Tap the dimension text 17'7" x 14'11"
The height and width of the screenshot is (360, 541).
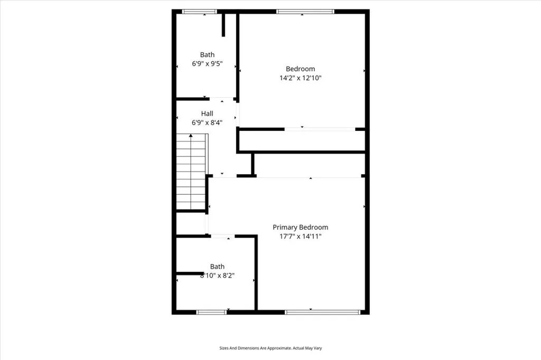[300, 236]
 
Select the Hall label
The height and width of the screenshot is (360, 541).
[207, 113]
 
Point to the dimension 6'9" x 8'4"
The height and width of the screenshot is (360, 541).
[207, 122]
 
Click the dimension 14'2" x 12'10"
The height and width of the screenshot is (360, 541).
[300, 78]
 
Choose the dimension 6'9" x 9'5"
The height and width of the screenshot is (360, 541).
[207, 63]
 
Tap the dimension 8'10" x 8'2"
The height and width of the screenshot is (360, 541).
[217, 276]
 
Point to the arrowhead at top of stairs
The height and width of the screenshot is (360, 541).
[191, 136]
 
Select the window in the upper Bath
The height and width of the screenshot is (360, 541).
[199, 11]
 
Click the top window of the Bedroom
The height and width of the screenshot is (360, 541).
[305, 11]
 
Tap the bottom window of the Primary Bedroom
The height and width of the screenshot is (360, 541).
[324, 312]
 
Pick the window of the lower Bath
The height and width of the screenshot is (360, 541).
[212, 312]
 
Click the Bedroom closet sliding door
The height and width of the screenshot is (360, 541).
[320, 129]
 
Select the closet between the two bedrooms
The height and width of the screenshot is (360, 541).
[301, 141]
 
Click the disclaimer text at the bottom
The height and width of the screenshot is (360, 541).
[270, 348]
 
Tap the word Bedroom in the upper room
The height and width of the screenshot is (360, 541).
[300, 69]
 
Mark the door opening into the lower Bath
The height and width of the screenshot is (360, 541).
[222, 236]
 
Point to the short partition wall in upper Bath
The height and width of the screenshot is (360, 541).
[224, 25]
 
